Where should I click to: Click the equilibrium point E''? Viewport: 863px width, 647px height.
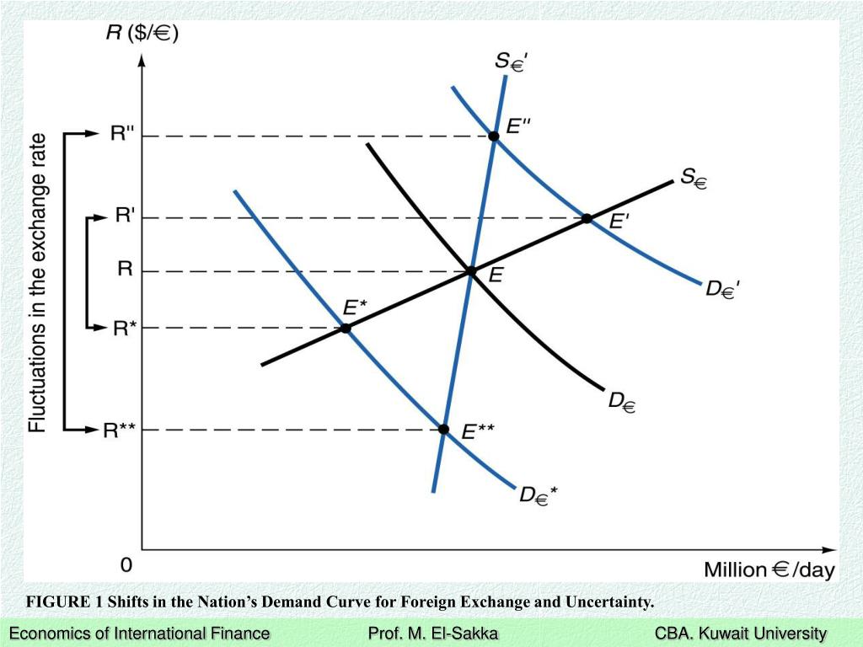pos(494,136)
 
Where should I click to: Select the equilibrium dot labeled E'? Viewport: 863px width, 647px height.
pos(587,219)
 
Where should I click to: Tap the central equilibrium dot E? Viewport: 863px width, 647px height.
pos(471,271)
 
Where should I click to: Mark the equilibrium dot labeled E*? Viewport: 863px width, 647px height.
pos(346,328)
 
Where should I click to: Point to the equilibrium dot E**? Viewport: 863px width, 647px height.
pos(444,430)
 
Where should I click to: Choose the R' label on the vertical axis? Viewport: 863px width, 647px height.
pos(126,217)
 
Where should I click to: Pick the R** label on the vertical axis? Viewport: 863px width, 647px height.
pos(119,430)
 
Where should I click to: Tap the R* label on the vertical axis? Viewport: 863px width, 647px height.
pos(124,328)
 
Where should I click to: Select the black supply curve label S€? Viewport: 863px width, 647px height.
pos(693,178)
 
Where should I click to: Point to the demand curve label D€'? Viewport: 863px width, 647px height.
pos(723,289)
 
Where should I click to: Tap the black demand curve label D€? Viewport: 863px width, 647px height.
pos(622,402)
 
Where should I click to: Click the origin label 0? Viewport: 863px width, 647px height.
pos(126,564)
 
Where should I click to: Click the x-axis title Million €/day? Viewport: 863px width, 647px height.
pos(769,570)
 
